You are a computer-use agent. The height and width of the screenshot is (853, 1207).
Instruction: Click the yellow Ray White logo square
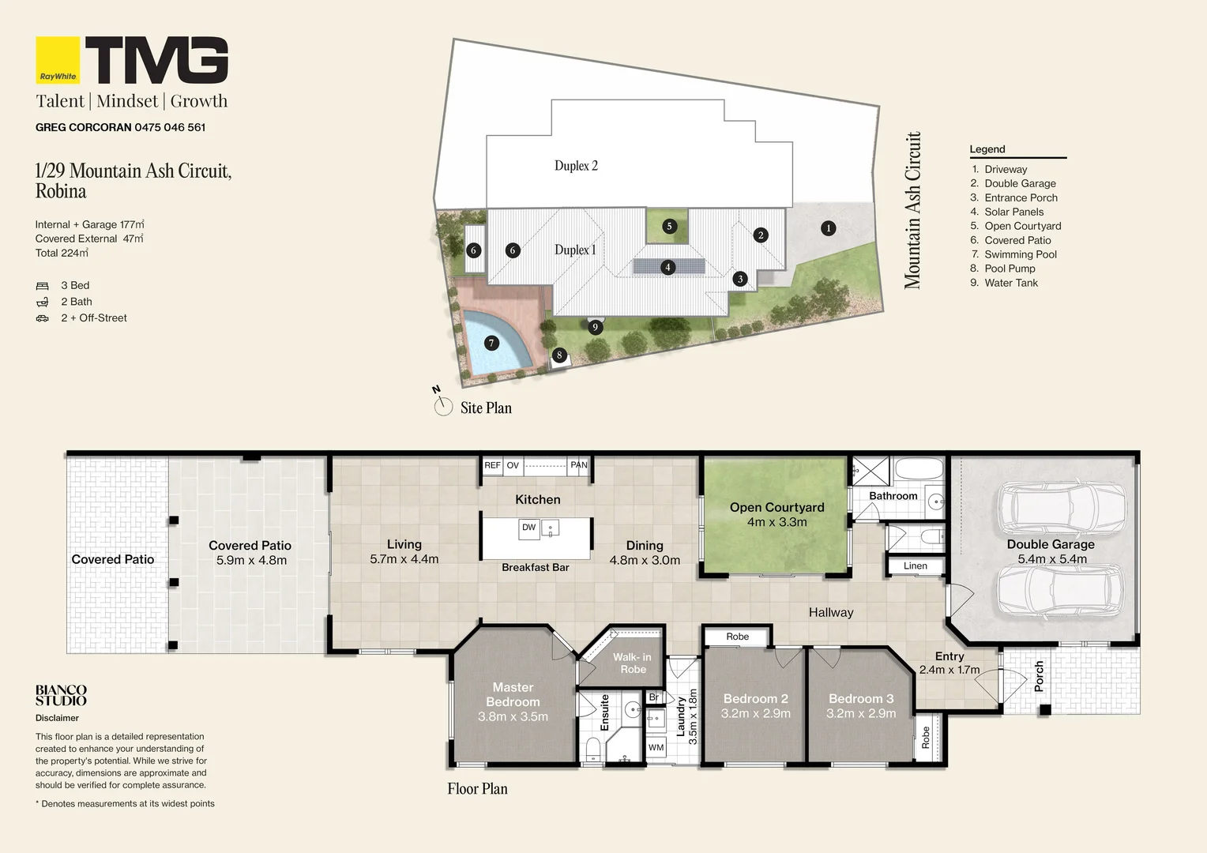58,60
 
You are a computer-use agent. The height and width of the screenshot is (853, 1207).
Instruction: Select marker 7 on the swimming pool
491,343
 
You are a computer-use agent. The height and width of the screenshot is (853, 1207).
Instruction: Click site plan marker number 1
828,228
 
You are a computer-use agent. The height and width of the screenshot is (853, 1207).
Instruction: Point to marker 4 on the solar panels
668,267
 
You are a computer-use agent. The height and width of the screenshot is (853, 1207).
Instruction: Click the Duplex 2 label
576,165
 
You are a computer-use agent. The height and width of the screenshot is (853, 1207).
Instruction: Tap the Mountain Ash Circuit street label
912,210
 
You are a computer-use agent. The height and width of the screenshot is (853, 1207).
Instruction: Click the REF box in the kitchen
492,465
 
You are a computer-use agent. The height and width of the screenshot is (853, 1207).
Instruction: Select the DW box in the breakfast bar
528,528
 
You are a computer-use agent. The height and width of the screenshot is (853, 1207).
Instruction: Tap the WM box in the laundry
656,747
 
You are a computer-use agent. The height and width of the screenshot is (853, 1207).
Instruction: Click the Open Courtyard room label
777,508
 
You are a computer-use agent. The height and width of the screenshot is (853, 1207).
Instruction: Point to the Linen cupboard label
916,566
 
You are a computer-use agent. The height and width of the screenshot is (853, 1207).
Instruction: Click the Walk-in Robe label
633,663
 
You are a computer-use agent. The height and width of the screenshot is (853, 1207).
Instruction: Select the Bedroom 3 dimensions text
861,713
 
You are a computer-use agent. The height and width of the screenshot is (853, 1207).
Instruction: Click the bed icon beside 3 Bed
42,286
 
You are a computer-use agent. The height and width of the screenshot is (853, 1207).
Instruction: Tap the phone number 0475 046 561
170,128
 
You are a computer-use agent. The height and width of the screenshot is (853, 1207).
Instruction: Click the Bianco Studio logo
61,695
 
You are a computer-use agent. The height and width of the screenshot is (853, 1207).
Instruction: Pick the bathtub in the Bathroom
919,469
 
